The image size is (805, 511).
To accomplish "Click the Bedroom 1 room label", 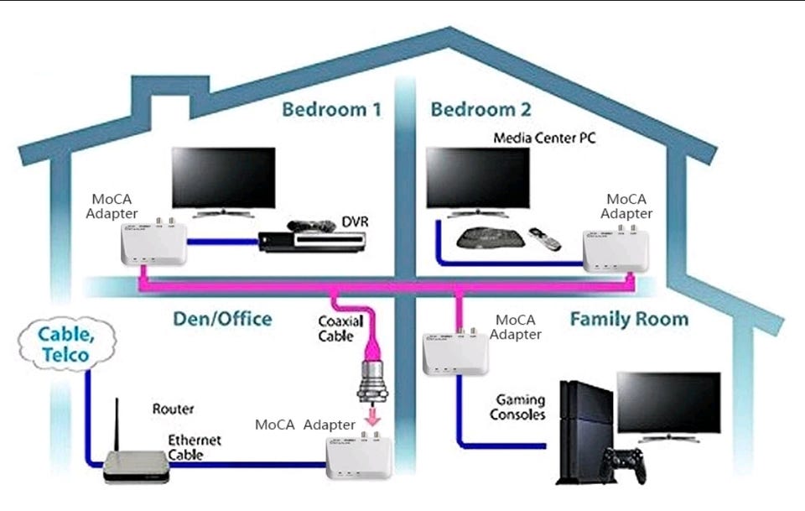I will coord(331,110).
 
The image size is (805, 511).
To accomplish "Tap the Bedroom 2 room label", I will coord(480,110).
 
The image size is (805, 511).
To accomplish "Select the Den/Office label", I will coord(222,319).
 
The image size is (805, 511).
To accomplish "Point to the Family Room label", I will coord(629,319).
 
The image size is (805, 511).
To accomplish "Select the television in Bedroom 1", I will coord(223,179).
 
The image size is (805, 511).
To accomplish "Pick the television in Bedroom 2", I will coord(478,179).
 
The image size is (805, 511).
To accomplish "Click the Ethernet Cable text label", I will coord(195,446).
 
